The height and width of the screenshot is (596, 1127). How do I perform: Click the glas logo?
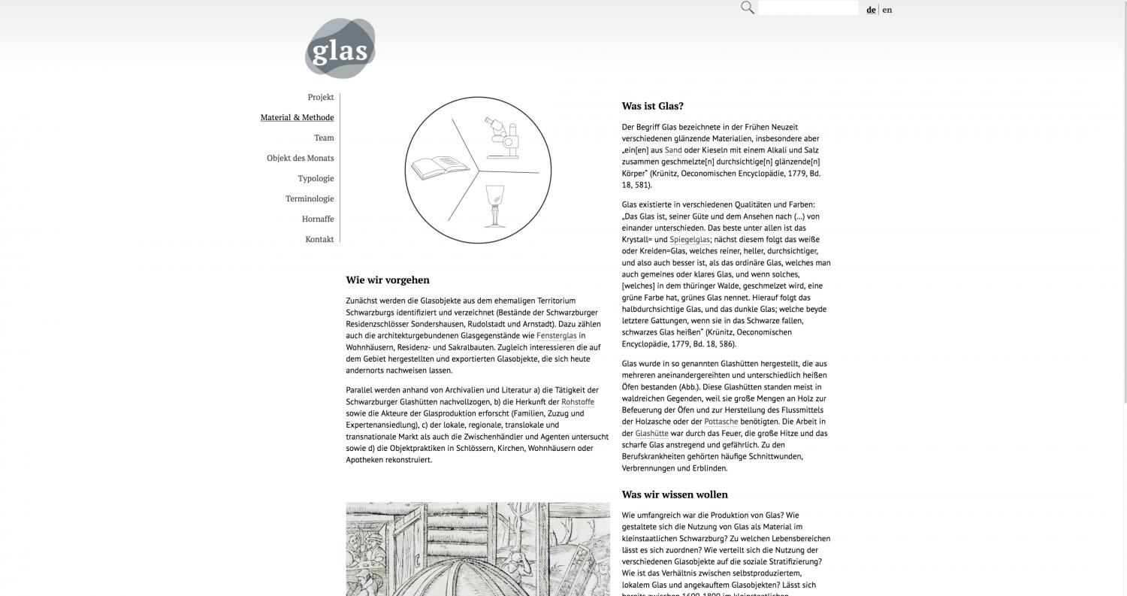340,49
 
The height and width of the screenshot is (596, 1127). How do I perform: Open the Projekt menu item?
320,98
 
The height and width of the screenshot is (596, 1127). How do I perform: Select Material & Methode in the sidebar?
297,118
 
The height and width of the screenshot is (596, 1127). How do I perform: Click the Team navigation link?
324,138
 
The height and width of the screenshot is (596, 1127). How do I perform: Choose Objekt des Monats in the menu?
300,159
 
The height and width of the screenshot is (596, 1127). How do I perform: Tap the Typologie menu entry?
316,179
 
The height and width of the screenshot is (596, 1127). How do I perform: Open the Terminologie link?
310,199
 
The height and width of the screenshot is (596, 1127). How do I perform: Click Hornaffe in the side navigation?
318,219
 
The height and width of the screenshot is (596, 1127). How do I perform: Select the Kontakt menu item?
319,240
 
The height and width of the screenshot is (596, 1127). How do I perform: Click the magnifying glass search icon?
748,8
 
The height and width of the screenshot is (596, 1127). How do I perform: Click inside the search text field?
808,8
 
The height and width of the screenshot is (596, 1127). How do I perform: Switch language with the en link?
887,10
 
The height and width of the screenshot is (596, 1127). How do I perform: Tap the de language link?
871,10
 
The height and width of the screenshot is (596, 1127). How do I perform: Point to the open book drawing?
437,166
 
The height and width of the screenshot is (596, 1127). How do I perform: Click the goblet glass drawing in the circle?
494,205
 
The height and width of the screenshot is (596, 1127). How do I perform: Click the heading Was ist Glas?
652,106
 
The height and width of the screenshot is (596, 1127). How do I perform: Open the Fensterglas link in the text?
556,336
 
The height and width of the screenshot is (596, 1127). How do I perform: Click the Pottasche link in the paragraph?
721,422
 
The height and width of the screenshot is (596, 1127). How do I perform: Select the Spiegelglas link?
689,240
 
